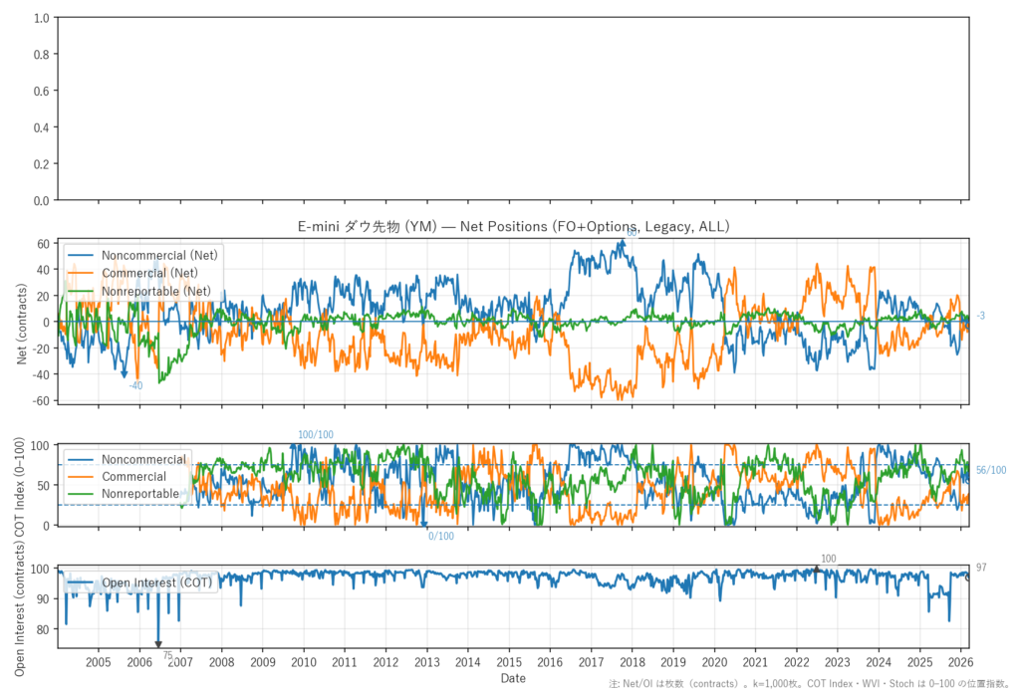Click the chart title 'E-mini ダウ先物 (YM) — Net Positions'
[x=514, y=227]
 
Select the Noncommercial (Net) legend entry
[x=159, y=255]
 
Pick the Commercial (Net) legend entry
[x=149, y=273]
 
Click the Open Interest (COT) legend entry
[x=157, y=581]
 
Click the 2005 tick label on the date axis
[x=99, y=661]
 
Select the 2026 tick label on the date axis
[x=960, y=661]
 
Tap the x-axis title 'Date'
[x=513, y=678]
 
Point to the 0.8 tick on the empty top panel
[x=42, y=55]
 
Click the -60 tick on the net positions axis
[x=41, y=400]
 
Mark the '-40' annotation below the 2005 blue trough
[x=136, y=385]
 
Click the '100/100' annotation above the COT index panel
[x=316, y=435]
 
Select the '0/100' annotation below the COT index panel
[x=441, y=537]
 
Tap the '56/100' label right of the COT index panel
[x=990, y=471]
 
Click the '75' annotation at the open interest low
[x=167, y=655]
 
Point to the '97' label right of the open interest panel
[x=982, y=568]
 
